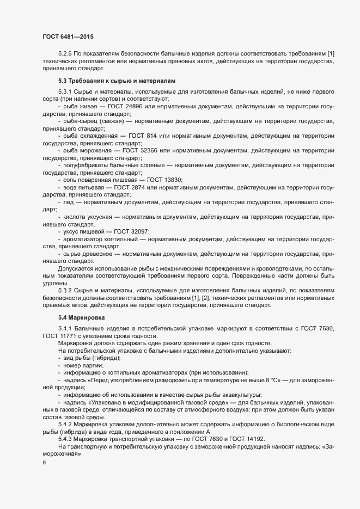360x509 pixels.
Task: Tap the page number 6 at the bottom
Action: click(44, 462)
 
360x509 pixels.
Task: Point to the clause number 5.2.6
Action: click(65, 54)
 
